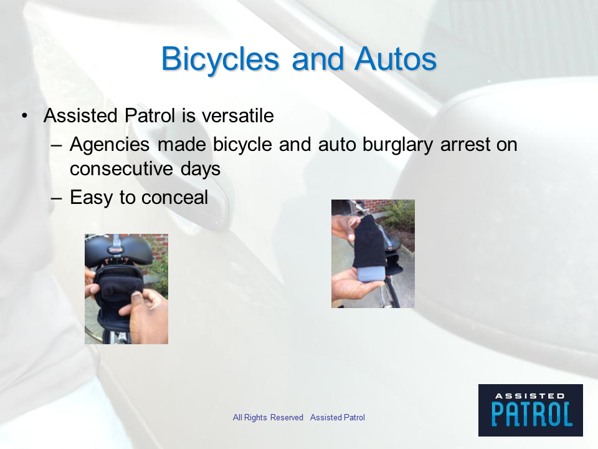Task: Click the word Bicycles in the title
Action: pyautogui.click(x=221, y=60)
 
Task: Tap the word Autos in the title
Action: pyautogui.click(x=396, y=59)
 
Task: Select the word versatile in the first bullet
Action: pyautogui.click(x=237, y=115)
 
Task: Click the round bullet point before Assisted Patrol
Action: pyautogui.click(x=25, y=115)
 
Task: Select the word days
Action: pyautogui.click(x=201, y=169)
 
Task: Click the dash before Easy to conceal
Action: pyautogui.click(x=56, y=198)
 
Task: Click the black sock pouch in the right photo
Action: pyautogui.click(x=370, y=241)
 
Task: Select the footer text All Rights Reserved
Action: pyautogui.click(x=268, y=418)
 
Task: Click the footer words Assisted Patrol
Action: pyautogui.click(x=338, y=418)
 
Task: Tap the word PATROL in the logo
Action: pyautogui.click(x=531, y=414)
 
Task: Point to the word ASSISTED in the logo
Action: pyautogui.click(x=530, y=396)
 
